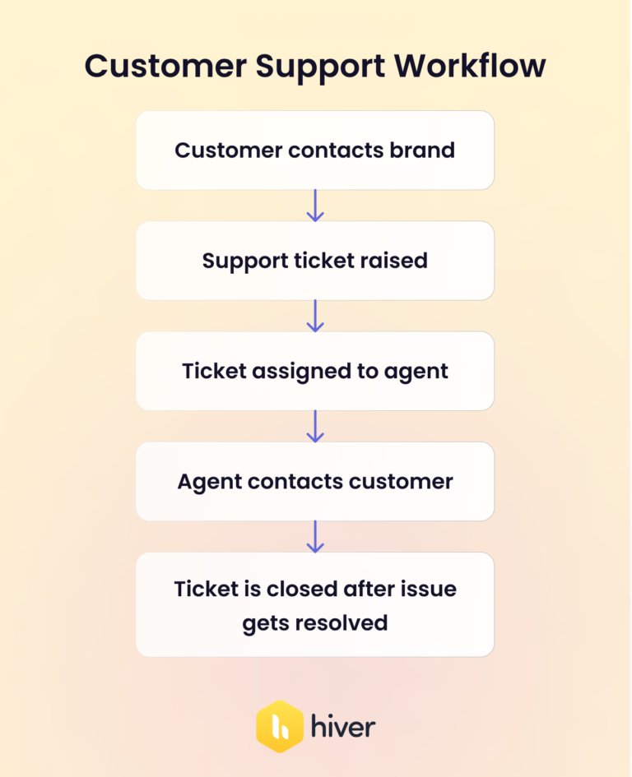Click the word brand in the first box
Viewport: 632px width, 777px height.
coord(423,150)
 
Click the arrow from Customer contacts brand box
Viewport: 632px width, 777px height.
coord(315,206)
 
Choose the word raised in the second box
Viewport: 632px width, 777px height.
coord(394,261)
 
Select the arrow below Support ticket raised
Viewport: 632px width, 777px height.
coord(315,316)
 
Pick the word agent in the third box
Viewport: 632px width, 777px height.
coord(416,372)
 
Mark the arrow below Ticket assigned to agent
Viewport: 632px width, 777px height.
coord(315,426)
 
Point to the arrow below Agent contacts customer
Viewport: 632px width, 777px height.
coord(315,536)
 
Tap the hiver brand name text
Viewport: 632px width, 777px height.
coord(343,727)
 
